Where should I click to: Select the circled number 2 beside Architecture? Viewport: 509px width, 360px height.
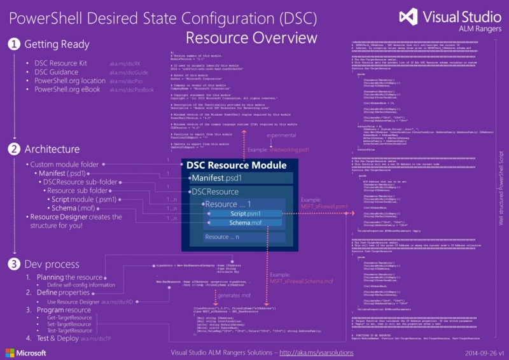(x=13, y=150)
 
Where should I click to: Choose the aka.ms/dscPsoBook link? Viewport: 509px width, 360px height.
(x=131, y=90)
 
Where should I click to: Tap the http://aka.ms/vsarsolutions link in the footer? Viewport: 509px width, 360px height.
(x=317, y=351)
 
